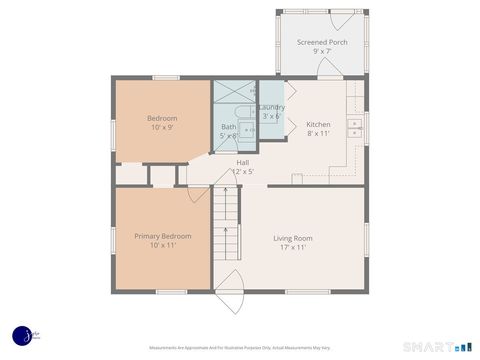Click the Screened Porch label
(x=322, y=42)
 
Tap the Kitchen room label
(x=318, y=124)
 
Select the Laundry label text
(x=272, y=107)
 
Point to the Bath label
(x=228, y=127)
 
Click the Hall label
(x=243, y=162)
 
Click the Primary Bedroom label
(x=163, y=236)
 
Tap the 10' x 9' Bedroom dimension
(x=163, y=128)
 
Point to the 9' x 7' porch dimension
(x=322, y=52)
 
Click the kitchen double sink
(x=354, y=127)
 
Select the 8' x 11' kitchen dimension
(x=318, y=133)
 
